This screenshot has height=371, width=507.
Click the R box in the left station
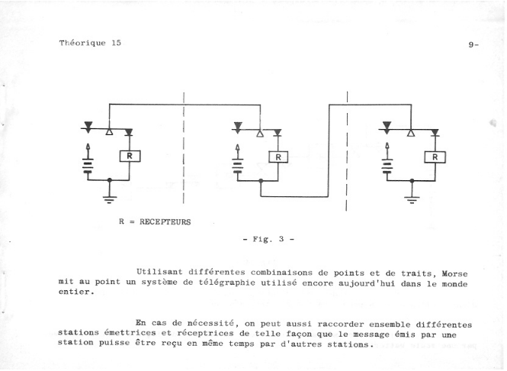(130, 156)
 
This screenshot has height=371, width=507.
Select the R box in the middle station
(278, 157)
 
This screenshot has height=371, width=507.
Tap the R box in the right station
(435, 157)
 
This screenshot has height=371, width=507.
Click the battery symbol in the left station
(88, 165)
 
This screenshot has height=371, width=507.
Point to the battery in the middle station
(238, 166)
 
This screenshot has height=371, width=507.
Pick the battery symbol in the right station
(387, 166)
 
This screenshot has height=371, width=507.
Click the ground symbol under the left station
(110, 199)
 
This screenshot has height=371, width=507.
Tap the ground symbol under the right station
(412, 200)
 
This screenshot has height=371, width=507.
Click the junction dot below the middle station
(261, 181)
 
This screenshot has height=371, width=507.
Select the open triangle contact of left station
(109, 132)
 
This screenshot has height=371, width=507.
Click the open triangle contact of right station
(411, 133)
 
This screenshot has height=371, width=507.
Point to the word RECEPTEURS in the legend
(165, 222)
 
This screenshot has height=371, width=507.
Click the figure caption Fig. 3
(268, 239)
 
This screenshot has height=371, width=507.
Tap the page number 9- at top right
(473, 45)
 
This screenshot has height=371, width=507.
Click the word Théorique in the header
(82, 43)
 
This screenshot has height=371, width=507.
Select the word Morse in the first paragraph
(454, 274)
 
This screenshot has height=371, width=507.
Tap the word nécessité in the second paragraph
(210, 323)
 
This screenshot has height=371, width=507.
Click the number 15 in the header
(117, 43)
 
